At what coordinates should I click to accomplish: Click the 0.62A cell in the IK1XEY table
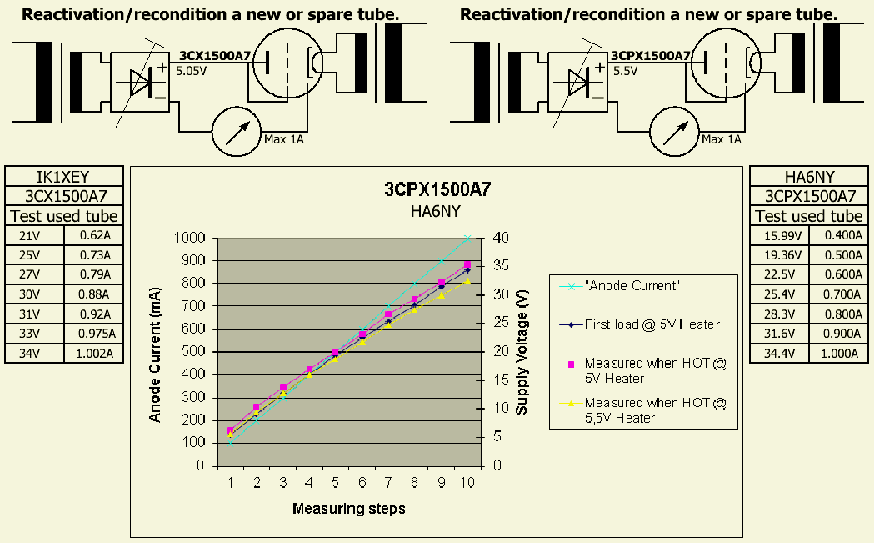[93, 235]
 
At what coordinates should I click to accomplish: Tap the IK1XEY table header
[64, 177]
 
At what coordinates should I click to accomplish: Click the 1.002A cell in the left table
[93, 354]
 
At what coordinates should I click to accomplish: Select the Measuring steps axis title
[348, 509]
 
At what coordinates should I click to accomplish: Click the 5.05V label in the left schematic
[191, 72]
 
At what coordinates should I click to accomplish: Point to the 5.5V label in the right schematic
[625, 72]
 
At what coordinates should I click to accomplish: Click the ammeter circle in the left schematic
[237, 132]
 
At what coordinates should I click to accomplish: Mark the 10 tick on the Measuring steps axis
[467, 483]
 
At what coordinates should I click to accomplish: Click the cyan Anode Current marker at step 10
[467, 238]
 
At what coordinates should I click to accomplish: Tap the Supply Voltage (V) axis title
[522, 352]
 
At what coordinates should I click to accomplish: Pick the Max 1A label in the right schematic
[721, 139]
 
